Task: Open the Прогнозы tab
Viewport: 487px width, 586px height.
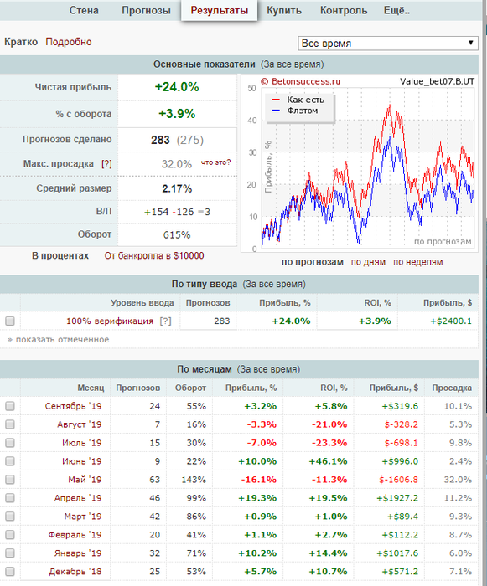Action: (146, 10)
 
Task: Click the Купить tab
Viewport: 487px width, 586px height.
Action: (284, 10)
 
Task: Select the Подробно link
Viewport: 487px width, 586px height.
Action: (69, 42)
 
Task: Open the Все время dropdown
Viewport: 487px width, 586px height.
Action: (388, 44)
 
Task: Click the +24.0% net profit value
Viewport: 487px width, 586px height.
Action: (177, 87)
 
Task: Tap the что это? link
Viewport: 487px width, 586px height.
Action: (216, 162)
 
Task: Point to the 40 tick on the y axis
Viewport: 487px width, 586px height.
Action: (252, 121)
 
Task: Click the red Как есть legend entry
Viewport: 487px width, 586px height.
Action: (298, 100)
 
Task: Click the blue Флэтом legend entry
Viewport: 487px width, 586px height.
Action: (294, 111)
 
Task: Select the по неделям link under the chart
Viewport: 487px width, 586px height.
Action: (417, 262)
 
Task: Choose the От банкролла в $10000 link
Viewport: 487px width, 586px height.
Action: (154, 256)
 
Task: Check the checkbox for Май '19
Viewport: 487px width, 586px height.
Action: (10, 480)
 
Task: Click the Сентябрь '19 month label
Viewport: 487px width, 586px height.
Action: (74, 406)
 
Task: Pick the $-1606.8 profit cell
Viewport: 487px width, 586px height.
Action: (399, 480)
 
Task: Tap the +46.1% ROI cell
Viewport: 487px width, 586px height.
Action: (328, 461)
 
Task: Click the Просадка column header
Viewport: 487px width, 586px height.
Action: (452, 388)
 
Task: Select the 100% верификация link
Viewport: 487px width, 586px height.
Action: (110, 321)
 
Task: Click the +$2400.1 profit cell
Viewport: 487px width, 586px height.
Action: (451, 321)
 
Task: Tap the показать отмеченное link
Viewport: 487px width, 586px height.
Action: (59, 339)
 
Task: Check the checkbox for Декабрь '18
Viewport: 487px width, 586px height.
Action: (10, 572)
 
